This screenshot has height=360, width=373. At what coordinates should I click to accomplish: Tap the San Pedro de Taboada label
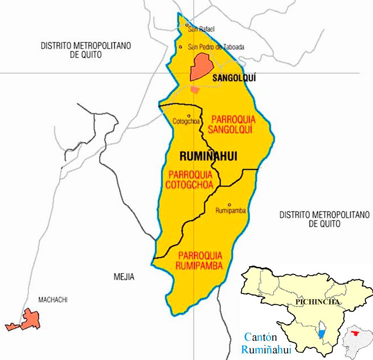click(x=216, y=47)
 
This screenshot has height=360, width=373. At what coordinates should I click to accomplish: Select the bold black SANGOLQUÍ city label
click(x=234, y=78)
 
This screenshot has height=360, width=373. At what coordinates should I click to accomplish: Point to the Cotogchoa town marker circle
click(x=189, y=116)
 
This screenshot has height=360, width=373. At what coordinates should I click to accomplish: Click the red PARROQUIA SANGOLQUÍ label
click(x=233, y=125)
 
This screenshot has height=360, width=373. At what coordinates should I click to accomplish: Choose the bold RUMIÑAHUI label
click(x=203, y=156)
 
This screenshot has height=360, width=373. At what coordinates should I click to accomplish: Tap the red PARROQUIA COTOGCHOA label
click(x=189, y=179)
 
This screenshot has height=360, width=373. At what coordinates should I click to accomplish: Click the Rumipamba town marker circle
click(x=229, y=205)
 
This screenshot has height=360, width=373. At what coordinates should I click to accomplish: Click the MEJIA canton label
click(x=124, y=277)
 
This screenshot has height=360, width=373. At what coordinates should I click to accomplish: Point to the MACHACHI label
click(x=53, y=300)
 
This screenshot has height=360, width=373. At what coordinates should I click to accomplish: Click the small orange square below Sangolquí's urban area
click(x=195, y=90)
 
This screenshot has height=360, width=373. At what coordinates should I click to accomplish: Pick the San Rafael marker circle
click(x=187, y=26)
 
